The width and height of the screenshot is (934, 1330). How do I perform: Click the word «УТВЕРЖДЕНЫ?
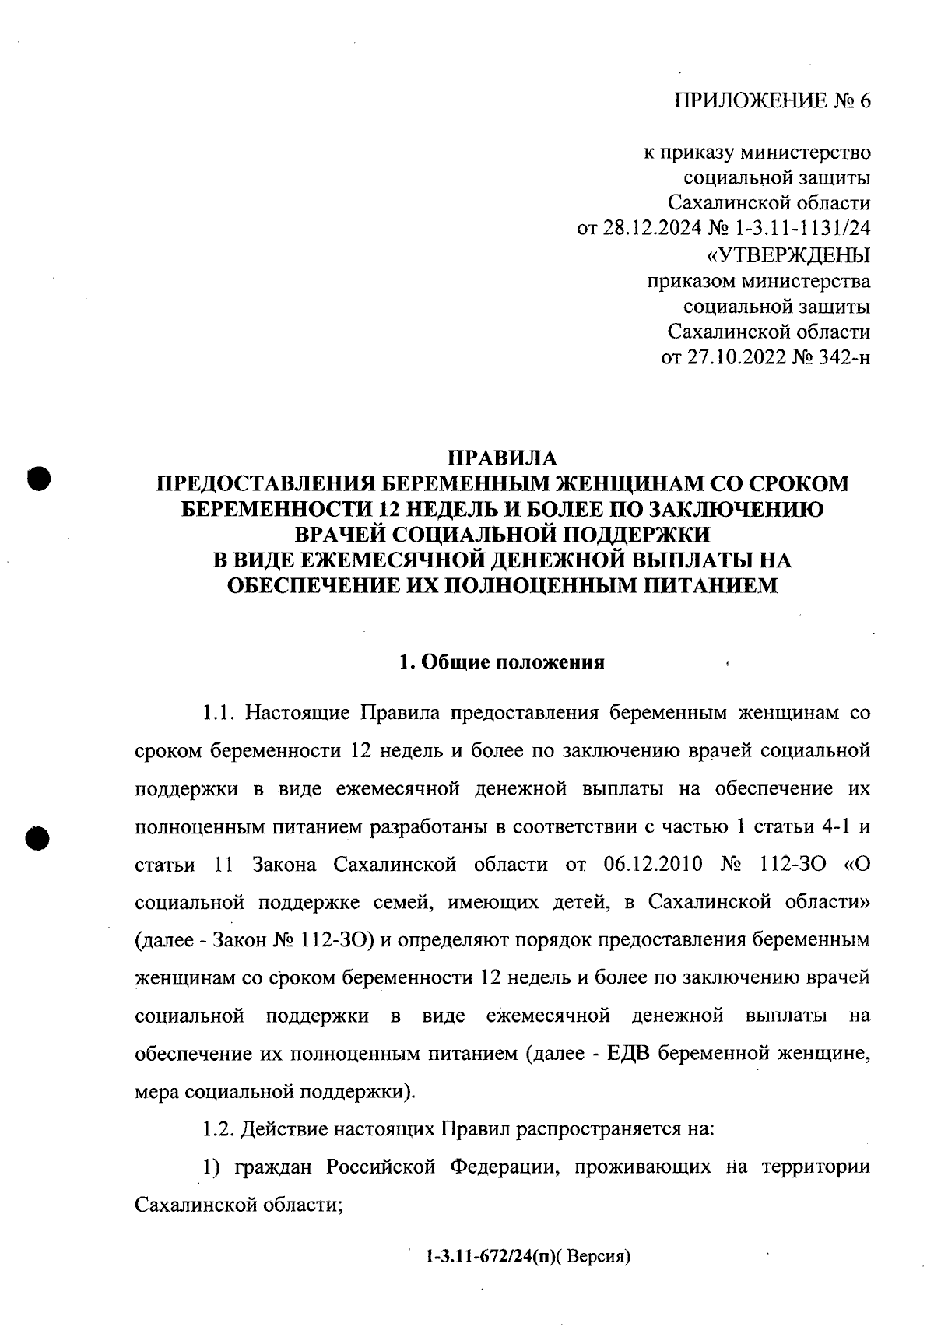pos(787,254)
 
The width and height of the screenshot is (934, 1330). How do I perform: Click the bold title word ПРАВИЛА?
pos(503,458)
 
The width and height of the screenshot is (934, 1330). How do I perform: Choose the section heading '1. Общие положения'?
pos(502,663)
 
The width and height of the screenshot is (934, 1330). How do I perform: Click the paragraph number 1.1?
pos(219,713)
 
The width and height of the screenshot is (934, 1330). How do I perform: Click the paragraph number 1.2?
pos(219,1130)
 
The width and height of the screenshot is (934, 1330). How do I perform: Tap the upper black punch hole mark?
pos(37,477)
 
